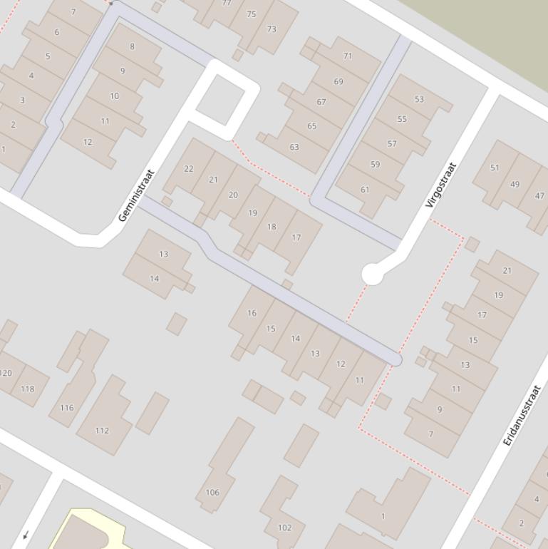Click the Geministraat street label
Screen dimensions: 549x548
click(x=136, y=195)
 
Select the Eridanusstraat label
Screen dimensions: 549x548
click(x=522, y=416)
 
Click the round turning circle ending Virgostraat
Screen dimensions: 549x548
click(x=372, y=274)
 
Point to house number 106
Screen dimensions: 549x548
click(x=212, y=492)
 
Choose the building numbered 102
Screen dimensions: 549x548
click(x=284, y=528)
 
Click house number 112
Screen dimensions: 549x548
click(x=102, y=430)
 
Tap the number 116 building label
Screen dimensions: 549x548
click(x=66, y=408)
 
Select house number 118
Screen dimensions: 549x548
click(x=27, y=389)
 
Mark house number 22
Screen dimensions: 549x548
click(x=188, y=169)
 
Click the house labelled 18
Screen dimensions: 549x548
click(x=271, y=227)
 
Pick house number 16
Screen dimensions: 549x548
click(x=252, y=313)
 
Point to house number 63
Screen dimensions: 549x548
click(x=294, y=148)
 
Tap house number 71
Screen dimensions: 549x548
click(x=348, y=56)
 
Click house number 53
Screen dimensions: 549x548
click(x=419, y=99)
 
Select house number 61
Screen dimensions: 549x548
click(x=365, y=189)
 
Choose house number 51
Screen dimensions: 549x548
click(x=495, y=168)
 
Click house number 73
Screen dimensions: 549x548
click(x=271, y=29)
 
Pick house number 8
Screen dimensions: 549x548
click(x=132, y=46)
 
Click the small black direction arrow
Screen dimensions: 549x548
click(x=26, y=535)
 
